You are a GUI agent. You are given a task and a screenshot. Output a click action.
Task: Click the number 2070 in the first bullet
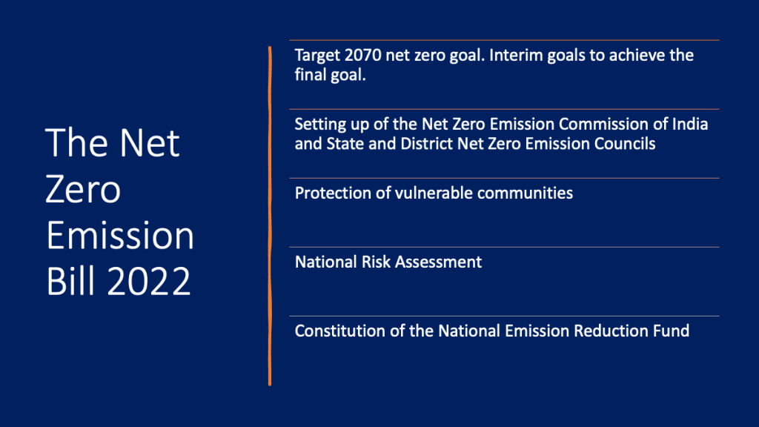(x=362, y=55)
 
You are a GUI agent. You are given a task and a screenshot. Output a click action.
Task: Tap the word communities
(x=526, y=193)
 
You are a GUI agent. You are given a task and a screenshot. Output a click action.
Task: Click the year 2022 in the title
(x=149, y=281)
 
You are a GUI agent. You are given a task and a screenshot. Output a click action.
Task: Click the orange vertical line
(x=270, y=216)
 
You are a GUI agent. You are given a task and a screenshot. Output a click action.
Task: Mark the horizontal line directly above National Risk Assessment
(x=504, y=248)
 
